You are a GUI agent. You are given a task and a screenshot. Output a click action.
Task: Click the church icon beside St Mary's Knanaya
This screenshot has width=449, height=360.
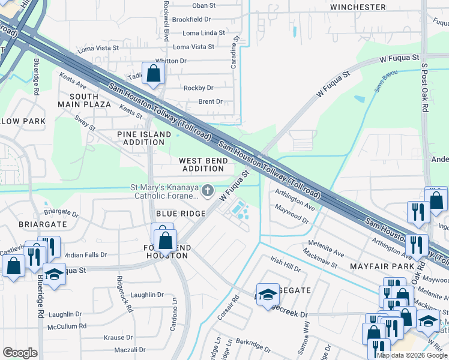pos(208,191)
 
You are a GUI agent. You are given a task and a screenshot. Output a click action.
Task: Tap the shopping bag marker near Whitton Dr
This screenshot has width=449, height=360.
pos(154,74)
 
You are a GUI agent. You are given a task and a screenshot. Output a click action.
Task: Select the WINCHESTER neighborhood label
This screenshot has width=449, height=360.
pos(358,7)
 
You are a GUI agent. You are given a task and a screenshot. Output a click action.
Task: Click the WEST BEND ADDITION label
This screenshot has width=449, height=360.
pos(203,165)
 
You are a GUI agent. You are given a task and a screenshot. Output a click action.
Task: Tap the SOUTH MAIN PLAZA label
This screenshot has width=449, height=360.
pos(90,100)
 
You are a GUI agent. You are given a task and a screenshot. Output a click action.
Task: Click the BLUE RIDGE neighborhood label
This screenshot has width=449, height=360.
pos(181,214)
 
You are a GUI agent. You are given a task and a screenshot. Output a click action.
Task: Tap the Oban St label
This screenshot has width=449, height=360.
pos(203,5)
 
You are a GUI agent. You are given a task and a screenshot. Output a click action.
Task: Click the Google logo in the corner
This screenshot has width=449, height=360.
pos(20,353)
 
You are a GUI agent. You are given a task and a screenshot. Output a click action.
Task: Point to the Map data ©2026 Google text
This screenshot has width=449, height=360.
pos(412,355)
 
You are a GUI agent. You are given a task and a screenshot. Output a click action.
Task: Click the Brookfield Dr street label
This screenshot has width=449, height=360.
pos(191,19)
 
